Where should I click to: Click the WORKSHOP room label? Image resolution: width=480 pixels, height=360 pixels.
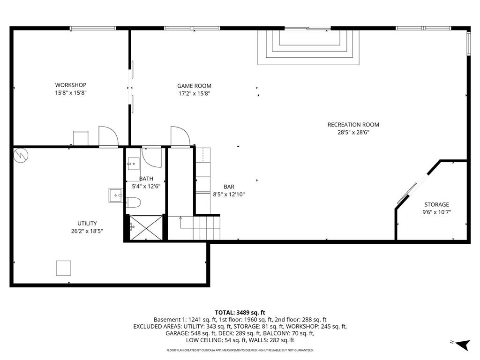point(71,85)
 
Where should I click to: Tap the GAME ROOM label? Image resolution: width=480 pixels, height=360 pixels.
point(194,86)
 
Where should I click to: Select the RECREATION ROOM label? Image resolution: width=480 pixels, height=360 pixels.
point(353,125)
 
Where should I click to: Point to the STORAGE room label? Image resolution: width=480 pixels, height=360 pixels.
point(436,204)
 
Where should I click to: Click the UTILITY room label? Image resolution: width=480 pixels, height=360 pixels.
point(87,223)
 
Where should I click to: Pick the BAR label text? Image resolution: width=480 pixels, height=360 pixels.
point(229,187)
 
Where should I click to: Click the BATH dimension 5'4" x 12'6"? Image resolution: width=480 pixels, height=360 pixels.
point(146,186)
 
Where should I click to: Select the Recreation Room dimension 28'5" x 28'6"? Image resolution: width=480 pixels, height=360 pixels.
point(353,132)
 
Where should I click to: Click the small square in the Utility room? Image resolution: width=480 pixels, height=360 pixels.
point(64,268)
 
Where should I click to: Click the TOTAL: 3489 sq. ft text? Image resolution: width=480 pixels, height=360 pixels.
point(240,312)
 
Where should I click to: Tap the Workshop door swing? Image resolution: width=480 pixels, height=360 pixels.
point(108,136)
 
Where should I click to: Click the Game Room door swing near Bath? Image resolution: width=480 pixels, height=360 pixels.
point(180,136)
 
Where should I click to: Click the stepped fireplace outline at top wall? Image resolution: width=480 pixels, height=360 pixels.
point(308,47)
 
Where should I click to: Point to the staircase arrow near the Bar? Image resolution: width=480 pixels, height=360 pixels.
point(181,218)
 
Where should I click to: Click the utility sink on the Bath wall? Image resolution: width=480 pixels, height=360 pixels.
point(115,195)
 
